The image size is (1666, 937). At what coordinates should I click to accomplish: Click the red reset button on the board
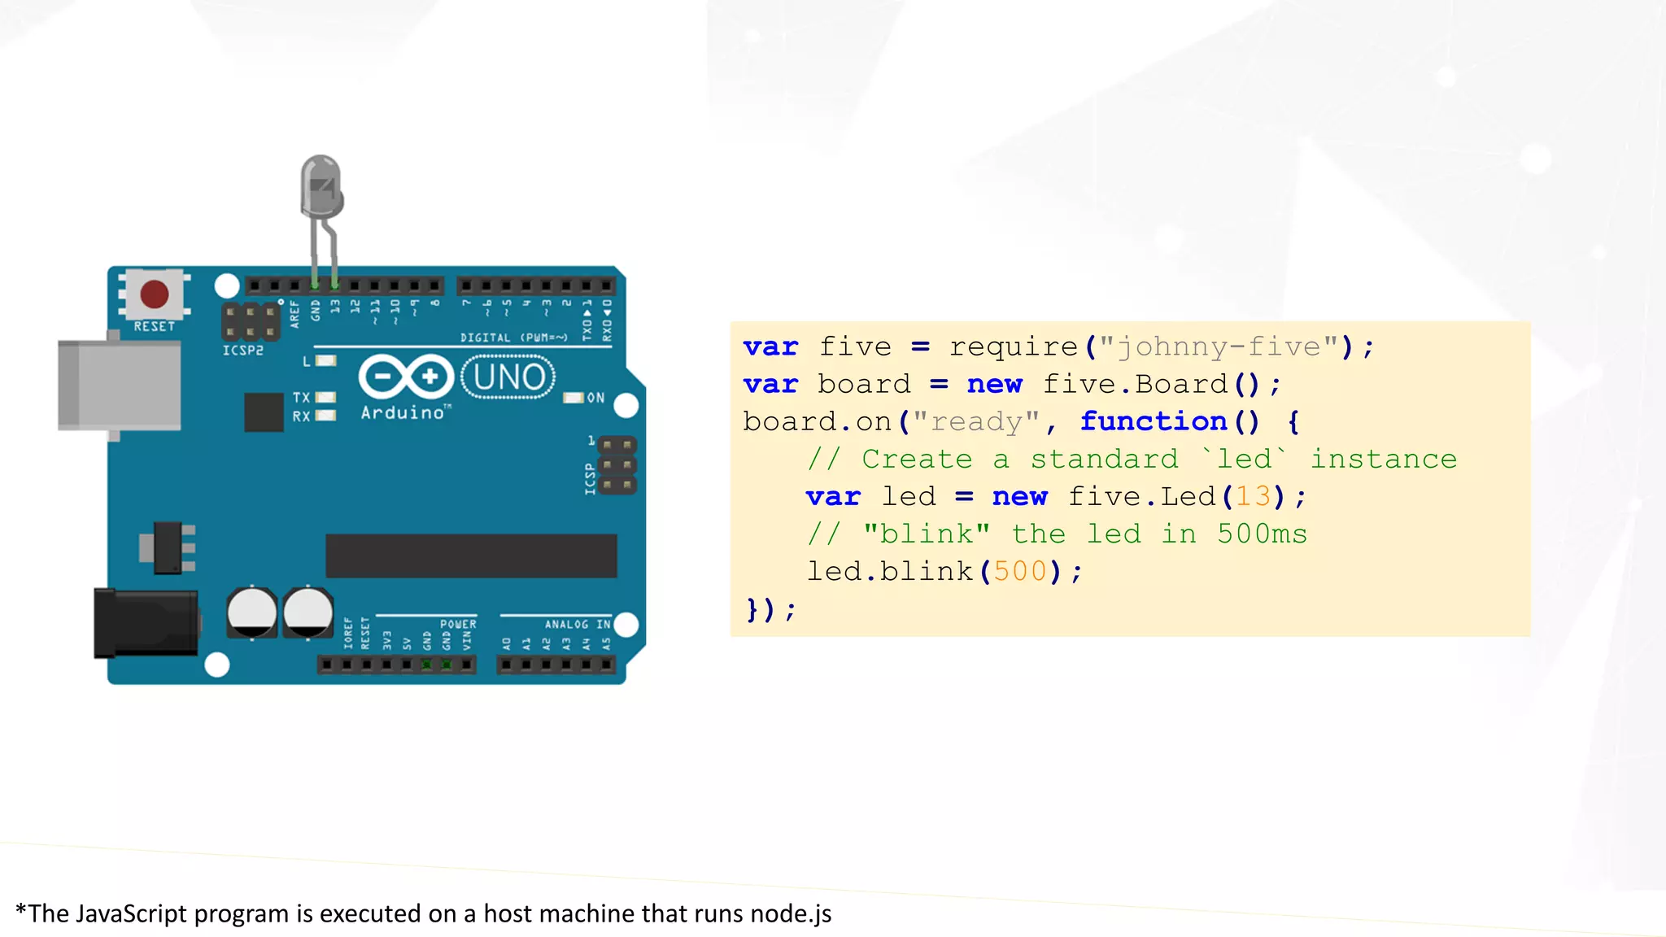point(155,294)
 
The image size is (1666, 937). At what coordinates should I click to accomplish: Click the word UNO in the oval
point(509,377)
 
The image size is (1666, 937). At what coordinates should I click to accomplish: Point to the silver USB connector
point(120,385)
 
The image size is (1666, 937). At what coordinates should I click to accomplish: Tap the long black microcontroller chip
point(471,556)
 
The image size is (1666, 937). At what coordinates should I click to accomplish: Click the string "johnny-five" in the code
point(1219,347)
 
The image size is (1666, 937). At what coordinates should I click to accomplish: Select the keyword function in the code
point(1154,421)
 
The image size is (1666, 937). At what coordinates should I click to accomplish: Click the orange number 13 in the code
point(1253,496)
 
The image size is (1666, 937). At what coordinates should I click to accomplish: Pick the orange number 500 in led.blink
point(1020,571)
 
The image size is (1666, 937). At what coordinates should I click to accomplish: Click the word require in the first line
point(1014,347)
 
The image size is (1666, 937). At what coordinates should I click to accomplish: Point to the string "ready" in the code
point(976,421)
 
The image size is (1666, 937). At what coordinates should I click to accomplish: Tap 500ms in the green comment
point(1262,534)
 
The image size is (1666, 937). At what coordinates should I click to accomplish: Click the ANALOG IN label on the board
point(578,624)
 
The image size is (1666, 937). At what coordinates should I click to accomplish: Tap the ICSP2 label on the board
point(243,351)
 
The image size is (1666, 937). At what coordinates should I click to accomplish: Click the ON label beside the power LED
point(596,398)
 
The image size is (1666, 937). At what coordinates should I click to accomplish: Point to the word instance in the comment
point(1384,459)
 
